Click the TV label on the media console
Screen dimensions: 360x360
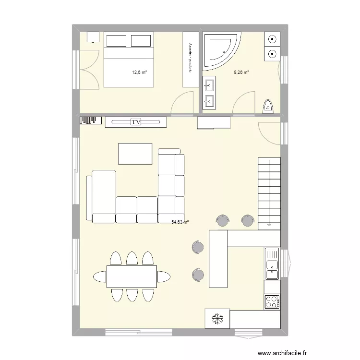pos(136,122)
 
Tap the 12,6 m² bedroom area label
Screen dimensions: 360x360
pos(139,72)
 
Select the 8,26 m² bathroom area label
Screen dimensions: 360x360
pos(241,72)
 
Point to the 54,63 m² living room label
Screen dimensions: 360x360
pos(180,222)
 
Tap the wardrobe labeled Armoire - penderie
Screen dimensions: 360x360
pos(191,60)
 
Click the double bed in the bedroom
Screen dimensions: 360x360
pos(128,60)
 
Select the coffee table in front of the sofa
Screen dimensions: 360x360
pos(135,154)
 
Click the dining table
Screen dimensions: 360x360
pos(132,276)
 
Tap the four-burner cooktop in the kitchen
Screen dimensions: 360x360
pos(272,302)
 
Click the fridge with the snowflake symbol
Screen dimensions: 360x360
pos(217,319)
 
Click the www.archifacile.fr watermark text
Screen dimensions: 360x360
pos(283,352)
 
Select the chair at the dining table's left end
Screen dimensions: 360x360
pos(99,276)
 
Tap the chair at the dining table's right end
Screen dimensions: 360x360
pos(164,276)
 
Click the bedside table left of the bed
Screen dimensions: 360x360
pos(93,37)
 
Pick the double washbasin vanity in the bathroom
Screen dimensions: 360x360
pos(209,93)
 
